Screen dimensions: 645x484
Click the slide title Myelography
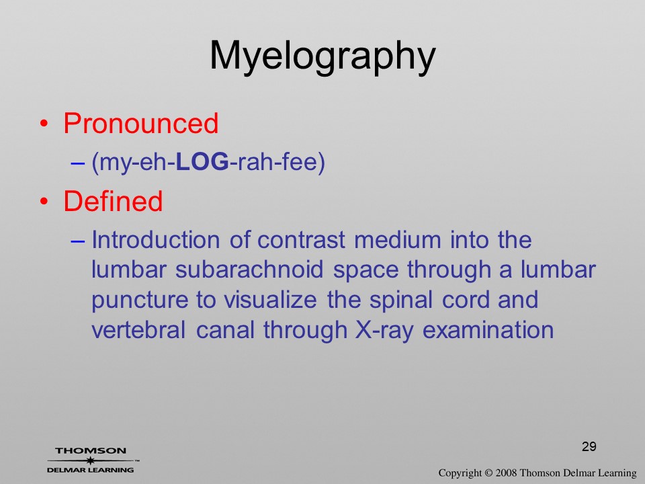322,56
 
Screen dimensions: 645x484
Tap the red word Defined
113,201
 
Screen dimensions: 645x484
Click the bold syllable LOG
202,162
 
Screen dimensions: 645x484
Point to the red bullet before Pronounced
44,124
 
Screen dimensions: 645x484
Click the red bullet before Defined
44,202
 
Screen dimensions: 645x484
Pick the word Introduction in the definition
156,239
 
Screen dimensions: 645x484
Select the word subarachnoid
249,270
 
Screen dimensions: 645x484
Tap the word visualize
270,300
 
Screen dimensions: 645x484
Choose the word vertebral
138,329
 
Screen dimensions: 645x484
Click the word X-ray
384,331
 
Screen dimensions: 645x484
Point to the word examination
488,329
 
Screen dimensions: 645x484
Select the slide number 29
589,446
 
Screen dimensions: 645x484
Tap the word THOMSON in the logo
91,450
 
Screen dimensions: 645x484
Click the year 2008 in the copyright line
506,473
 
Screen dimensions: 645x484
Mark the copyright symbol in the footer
488,473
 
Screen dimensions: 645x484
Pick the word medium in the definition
397,239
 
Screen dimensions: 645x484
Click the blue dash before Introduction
77,241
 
